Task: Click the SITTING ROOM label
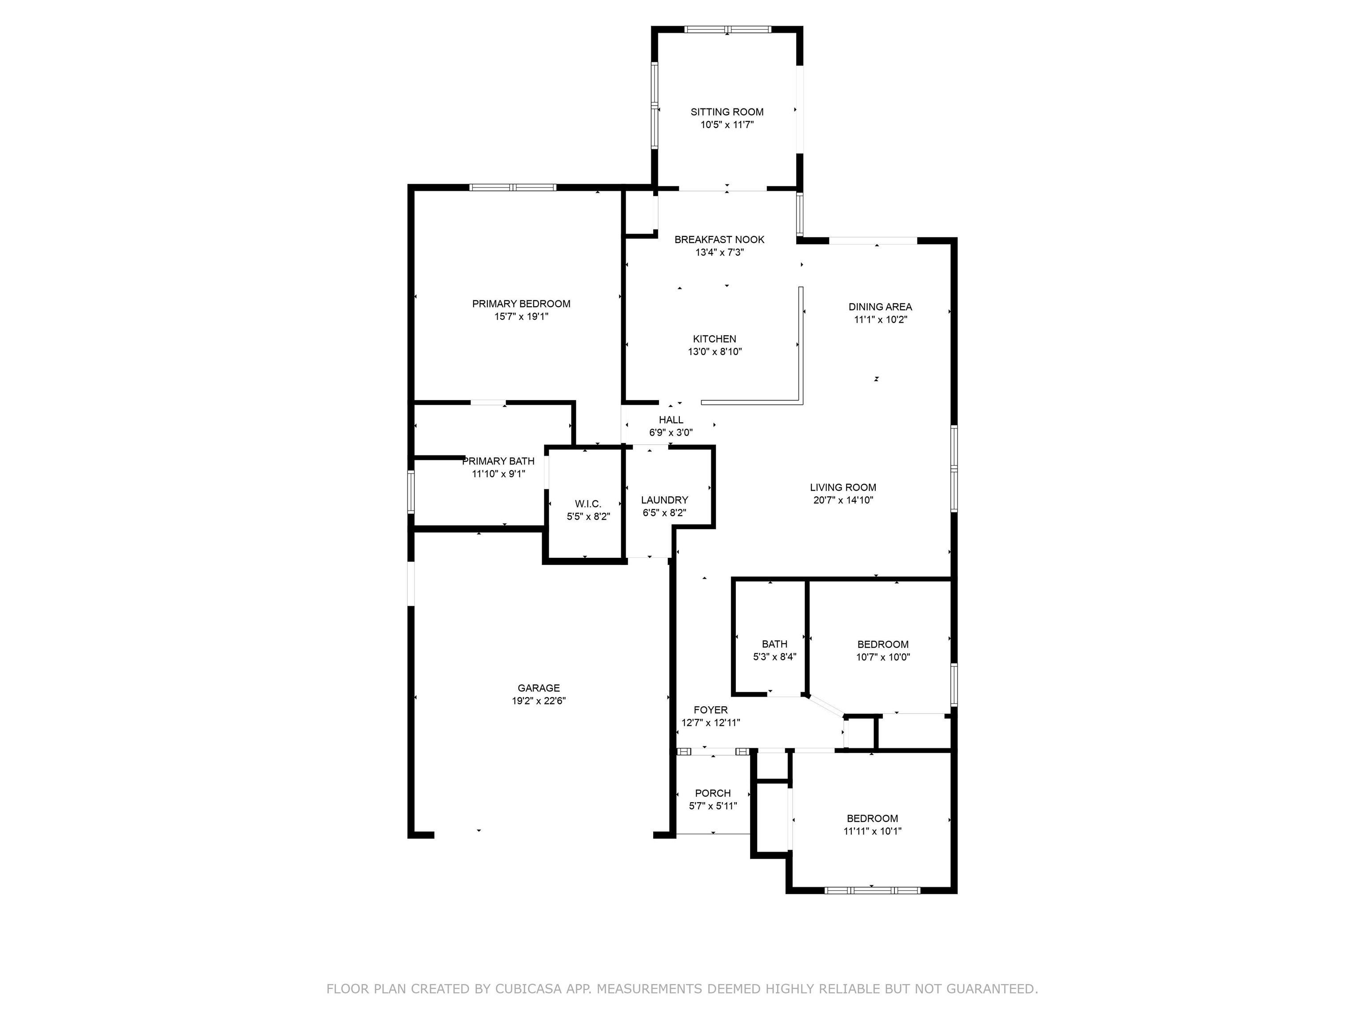coord(727,112)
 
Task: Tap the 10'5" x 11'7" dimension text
coord(727,125)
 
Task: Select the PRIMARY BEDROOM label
coord(522,304)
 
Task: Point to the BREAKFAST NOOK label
coord(719,240)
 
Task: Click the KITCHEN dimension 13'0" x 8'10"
coord(714,352)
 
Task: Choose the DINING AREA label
coord(880,307)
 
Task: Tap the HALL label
coord(671,420)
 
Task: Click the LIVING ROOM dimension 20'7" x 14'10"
coord(843,500)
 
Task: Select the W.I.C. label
coord(588,504)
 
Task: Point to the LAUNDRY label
coord(665,500)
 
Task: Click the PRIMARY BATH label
coord(499,461)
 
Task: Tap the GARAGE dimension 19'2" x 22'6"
coord(539,700)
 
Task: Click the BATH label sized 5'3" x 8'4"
coord(774,644)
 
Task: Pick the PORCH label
coord(713,793)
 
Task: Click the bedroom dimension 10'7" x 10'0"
coord(883,657)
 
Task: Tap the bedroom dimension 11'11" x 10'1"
coord(873,832)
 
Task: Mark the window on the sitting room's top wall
coord(727,29)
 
